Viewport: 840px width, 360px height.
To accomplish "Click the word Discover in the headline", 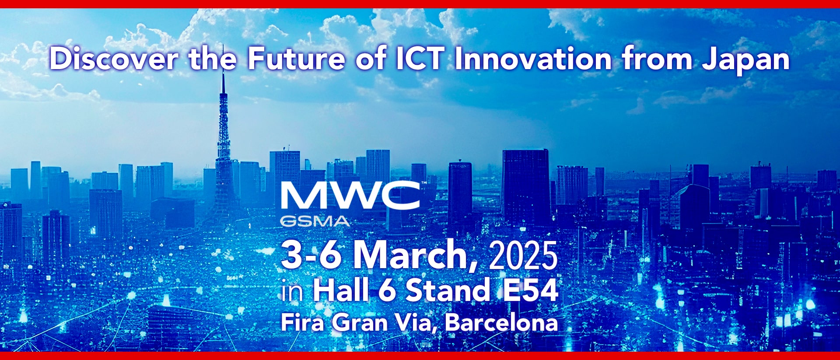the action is [114, 59].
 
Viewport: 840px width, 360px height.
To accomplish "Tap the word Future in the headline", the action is [297, 59].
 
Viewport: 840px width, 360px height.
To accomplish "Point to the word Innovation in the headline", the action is [533, 59].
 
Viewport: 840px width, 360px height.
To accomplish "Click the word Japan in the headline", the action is [746, 61].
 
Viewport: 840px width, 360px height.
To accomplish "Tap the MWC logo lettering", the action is [350, 196].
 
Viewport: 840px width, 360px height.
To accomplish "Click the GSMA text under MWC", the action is [315, 221].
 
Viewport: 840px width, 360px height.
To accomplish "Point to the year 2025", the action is [523, 255].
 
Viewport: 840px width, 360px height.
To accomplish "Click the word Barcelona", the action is [501, 322].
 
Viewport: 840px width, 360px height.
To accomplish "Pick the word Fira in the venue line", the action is [302, 322].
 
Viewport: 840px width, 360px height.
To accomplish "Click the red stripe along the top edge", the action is [420, 4].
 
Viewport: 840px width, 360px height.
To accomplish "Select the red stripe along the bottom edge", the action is [420, 356].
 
